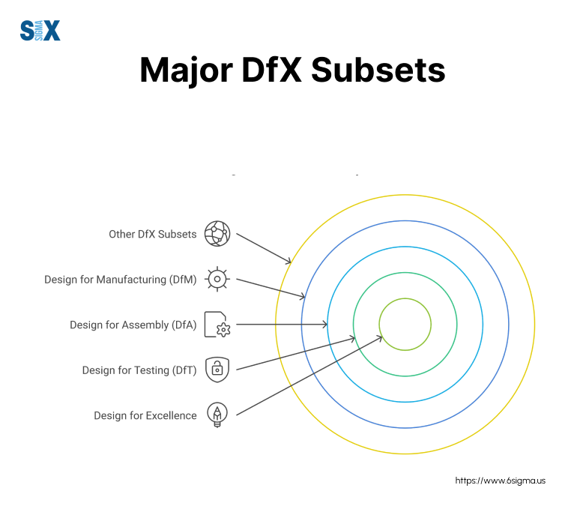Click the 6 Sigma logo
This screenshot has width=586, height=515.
[40, 30]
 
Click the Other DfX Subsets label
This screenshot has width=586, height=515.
[152, 234]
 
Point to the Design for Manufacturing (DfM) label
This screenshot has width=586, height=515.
[120, 280]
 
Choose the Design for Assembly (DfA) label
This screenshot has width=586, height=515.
[133, 325]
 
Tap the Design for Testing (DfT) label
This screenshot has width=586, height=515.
[139, 370]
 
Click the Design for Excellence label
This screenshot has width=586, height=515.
[145, 415]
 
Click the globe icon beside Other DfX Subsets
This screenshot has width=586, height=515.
[217, 234]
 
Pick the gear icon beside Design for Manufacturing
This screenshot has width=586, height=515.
[217, 279]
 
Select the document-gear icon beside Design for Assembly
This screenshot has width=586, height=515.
[217, 325]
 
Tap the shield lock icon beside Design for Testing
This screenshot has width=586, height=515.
[217, 370]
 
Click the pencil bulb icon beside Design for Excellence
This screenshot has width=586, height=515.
[217, 415]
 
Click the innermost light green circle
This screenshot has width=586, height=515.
[405, 325]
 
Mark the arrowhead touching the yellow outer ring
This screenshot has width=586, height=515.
[289, 261]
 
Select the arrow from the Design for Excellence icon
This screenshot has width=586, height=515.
[307, 377]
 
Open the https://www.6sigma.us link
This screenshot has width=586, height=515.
[500, 481]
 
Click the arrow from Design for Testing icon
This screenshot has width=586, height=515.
[296, 354]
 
